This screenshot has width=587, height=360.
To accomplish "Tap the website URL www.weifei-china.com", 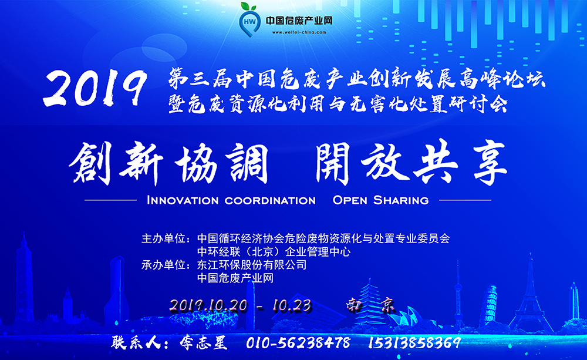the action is click(x=299, y=32).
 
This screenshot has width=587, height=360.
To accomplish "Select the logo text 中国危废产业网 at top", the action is click(x=299, y=20).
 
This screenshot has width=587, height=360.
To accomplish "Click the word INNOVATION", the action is click(x=183, y=200).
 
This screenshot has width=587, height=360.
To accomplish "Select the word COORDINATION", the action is click(x=270, y=200).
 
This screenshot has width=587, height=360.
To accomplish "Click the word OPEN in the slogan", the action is click(x=350, y=200).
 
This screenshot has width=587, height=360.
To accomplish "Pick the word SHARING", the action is click(x=401, y=200).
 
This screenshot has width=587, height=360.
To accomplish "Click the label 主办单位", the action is click(x=164, y=238).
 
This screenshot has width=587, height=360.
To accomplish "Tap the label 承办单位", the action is click(x=164, y=265).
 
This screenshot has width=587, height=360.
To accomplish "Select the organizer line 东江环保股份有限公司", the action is click(x=252, y=265).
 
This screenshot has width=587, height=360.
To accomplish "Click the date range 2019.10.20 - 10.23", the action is click(x=241, y=306).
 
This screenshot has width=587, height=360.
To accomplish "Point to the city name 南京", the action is click(x=370, y=305).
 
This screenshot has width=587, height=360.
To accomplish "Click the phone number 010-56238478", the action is click(x=298, y=343).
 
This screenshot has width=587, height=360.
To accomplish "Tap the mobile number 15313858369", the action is click(x=415, y=343).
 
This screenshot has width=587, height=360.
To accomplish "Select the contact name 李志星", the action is click(x=203, y=343).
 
